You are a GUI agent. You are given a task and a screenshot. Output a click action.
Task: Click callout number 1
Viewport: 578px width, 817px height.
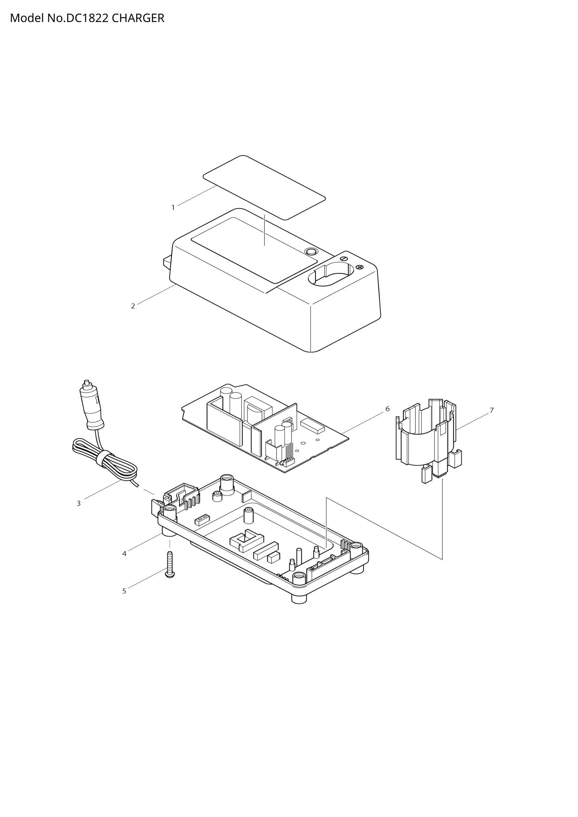point(173,207)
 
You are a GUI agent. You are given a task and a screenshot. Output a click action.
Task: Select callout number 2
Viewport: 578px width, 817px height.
point(133,306)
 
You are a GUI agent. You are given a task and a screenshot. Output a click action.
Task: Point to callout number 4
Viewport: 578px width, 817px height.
point(124,554)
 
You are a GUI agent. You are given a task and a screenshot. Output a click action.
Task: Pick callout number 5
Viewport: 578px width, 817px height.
point(124,591)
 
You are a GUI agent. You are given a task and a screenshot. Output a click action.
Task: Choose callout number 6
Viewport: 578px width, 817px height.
point(388,409)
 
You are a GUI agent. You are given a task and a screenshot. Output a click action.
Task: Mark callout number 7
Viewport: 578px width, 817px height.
point(492,410)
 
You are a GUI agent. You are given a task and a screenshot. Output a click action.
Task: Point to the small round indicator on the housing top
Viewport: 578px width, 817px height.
point(311,251)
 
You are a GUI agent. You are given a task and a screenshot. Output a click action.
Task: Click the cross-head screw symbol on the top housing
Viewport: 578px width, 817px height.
point(360,267)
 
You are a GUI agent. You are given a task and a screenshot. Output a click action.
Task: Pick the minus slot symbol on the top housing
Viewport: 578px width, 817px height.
point(344,258)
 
